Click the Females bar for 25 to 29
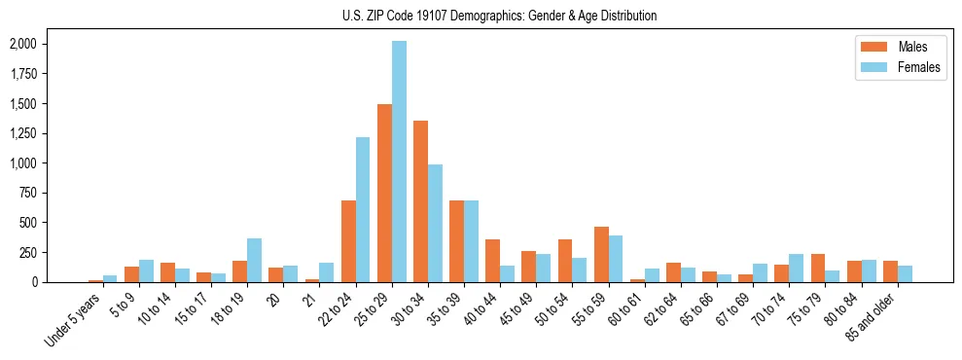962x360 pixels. point(399,162)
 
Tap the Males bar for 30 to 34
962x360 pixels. point(420,201)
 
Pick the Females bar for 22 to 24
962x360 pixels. point(363,209)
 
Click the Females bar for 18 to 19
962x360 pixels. point(254,260)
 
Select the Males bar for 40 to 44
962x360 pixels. point(493,261)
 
